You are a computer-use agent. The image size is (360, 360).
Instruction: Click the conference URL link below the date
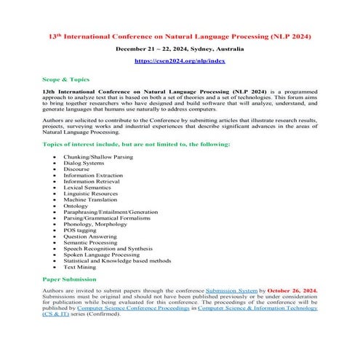[180, 61]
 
